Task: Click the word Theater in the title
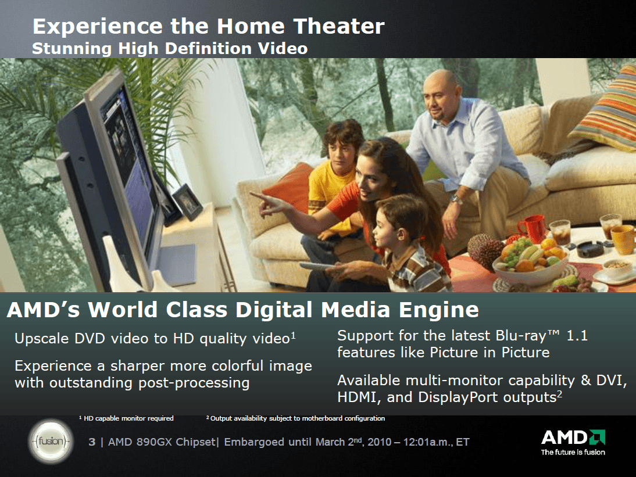pyautogui.click(x=339, y=26)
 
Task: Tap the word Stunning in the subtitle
pyautogui.click(x=72, y=49)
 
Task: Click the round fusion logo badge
pyautogui.click(x=51, y=441)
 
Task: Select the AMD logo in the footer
pyautogui.click(x=573, y=442)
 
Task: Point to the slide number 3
pyautogui.click(x=92, y=442)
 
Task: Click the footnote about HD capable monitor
pyautogui.click(x=126, y=418)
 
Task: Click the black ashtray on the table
pyautogui.click(x=590, y=248)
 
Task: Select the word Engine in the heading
pyautogui.click(x=439, y=310)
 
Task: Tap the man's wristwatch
pyautogui.click(x=457, y=199)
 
